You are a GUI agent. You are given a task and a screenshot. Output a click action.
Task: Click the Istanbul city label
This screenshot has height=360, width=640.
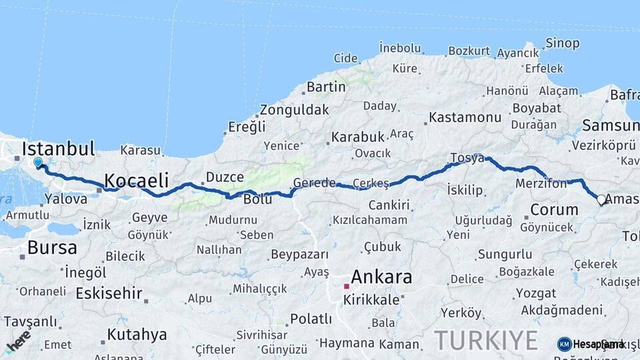click(x=59, y=148)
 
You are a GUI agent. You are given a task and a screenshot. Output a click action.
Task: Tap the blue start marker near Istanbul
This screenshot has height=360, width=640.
click(x=38, y=162)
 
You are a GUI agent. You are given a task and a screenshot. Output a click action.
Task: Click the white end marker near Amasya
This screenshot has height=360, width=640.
click(x=601, y=199)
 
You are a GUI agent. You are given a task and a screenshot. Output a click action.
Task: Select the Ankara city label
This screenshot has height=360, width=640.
click(x=381, y=277)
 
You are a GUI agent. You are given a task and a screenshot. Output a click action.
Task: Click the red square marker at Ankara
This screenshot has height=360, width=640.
click(x=346, y=286)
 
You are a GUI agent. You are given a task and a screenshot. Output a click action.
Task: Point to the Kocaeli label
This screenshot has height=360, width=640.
click(x=136, y=179)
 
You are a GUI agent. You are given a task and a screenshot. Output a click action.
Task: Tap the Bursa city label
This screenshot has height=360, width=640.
click(x=52, y=248)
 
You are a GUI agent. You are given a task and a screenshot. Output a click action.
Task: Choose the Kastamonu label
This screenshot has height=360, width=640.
click(x=465, y=117)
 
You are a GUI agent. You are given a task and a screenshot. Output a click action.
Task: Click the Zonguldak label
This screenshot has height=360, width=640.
click(x=294, y=110)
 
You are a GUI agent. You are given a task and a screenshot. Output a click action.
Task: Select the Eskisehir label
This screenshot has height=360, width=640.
click(x=109, y=293)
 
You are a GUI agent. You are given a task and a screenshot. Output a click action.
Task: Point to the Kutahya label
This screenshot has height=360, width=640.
click(x=137, y=334)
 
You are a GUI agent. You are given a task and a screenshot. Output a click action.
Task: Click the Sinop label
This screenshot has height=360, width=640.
click(x=562, y=44)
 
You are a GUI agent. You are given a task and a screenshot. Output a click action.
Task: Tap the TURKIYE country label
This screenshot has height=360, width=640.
click(x=486, y=340)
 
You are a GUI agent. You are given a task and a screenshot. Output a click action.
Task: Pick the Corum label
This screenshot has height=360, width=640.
click(x=554, y=209)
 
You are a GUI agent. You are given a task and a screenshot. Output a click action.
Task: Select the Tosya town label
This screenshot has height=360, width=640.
click(x=467, y=158)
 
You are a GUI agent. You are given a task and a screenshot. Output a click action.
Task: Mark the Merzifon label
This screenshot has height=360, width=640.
click(x=541, y=183)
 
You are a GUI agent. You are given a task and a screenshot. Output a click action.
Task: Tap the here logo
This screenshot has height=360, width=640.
click(x=18, y=341)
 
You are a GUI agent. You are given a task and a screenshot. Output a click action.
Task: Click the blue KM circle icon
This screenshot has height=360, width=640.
click(x=564, y=344)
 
